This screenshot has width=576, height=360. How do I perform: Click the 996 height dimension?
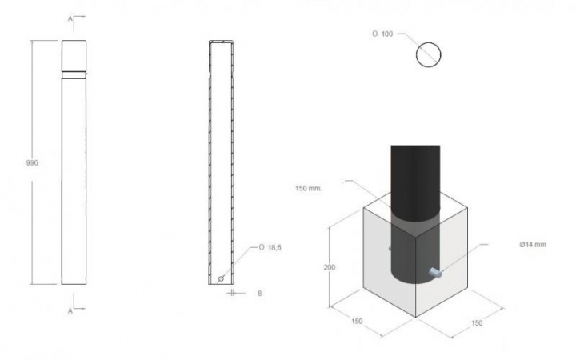(x=32, y=162)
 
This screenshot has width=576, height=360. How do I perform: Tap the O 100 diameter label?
(x=382, y=34)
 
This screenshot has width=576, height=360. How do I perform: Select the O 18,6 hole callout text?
(x=270, y=247)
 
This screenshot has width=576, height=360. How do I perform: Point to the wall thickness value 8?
(x=260, y=294)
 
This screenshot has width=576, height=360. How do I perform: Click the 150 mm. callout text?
(x=309, y=189)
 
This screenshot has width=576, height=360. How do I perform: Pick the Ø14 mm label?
(x=533, y=245)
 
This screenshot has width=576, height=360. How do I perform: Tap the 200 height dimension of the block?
(x=330, y=267)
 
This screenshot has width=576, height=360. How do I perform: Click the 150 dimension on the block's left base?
(x=357, y=321)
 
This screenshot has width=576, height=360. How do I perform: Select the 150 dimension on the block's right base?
(x=477, y=323)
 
